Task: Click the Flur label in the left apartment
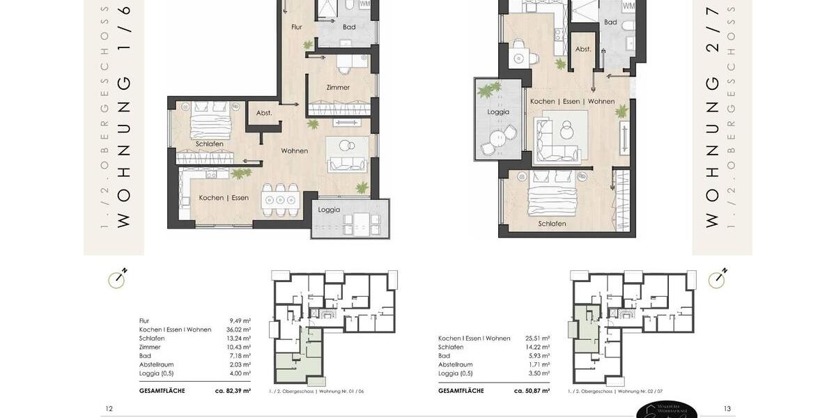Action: [x=297, y=27]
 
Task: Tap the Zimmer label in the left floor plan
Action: [x=338, y=88]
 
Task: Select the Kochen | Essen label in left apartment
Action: [x=224, y=198]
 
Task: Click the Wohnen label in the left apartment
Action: [x=294, y=151]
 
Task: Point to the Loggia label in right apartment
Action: [x=498, y=112]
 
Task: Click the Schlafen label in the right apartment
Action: [x=552, y=224]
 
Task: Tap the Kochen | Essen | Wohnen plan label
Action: [x=572, y=102]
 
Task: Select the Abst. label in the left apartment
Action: [x=264, y=113]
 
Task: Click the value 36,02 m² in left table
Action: [x=238, y=330]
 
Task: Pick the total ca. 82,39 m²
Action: [x=233, y=391]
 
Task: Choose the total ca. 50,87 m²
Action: [x=532, y=391]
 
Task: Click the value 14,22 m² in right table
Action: [x=537, y=347]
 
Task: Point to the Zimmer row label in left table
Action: [x=150, y=347]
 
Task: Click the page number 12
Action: [x=109, y=409]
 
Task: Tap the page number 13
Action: [x=727, y=409]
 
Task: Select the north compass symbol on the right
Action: [x=718, y=279]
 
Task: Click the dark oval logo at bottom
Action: [x=666, y=410]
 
